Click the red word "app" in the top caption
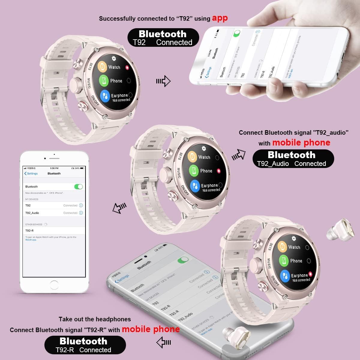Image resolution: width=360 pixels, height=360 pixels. point(220,18)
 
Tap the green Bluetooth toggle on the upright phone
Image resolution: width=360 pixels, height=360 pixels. point(78,187)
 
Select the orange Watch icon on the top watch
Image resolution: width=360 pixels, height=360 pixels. point(103,67)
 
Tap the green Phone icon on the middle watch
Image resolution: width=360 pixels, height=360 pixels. point(194,171)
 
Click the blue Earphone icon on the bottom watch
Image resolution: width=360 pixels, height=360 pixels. point(285,275)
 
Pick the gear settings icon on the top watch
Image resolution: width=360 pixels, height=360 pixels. point(114,58)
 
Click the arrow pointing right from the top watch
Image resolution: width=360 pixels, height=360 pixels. point(163,81)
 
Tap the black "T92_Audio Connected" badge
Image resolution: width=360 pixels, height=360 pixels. point(293,158)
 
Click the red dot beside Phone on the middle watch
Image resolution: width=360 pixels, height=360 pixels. point(219,171)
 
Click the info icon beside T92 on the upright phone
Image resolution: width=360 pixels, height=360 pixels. point(81,205)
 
